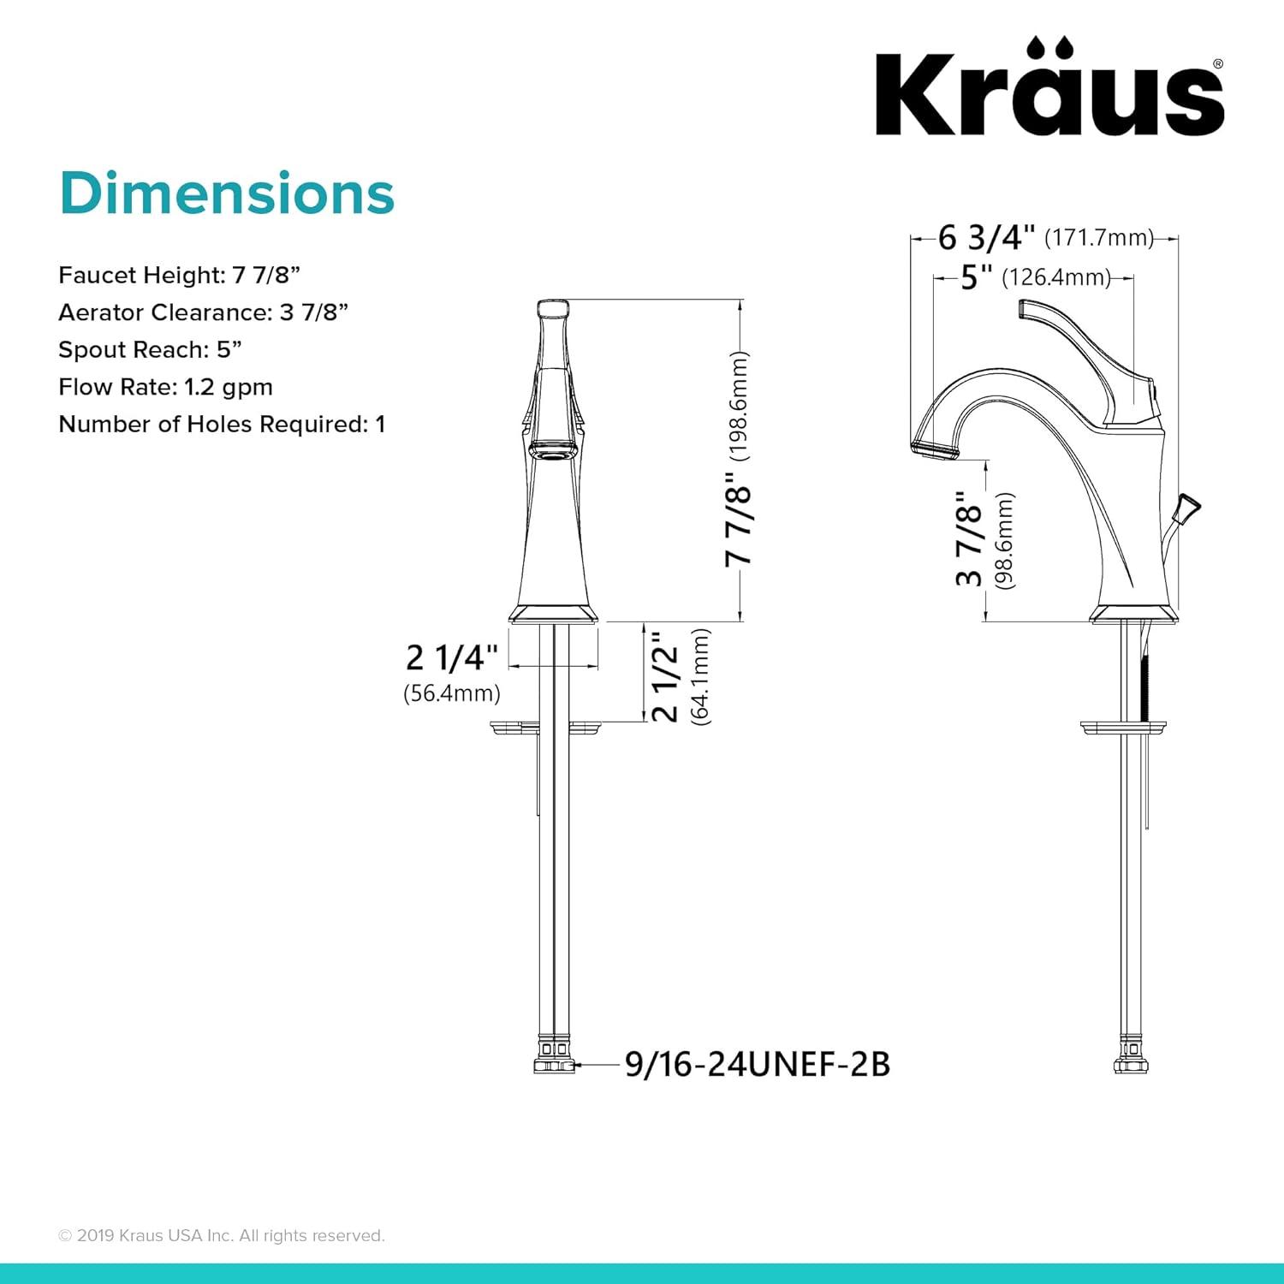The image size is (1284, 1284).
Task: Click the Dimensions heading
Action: click(227, 193)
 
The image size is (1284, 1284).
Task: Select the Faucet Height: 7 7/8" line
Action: click(180, 276)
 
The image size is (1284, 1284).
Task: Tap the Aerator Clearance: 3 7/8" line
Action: click(204, 312)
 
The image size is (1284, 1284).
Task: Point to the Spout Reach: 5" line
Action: click(151, 350)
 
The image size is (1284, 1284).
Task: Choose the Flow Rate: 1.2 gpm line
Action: click(165, 387)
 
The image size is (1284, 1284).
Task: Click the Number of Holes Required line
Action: click(222, 425)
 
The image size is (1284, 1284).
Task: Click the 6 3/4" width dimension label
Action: click(986, 237)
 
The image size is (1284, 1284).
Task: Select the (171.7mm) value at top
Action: click(1099, 237)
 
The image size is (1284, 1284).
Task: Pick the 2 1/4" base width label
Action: click(451, 657)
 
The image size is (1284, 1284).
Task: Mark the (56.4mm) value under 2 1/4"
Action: click(452, 693)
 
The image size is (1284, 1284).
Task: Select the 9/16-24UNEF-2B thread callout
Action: click(758, 1065)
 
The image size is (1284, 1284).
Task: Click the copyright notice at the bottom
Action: click(222, 1235)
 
